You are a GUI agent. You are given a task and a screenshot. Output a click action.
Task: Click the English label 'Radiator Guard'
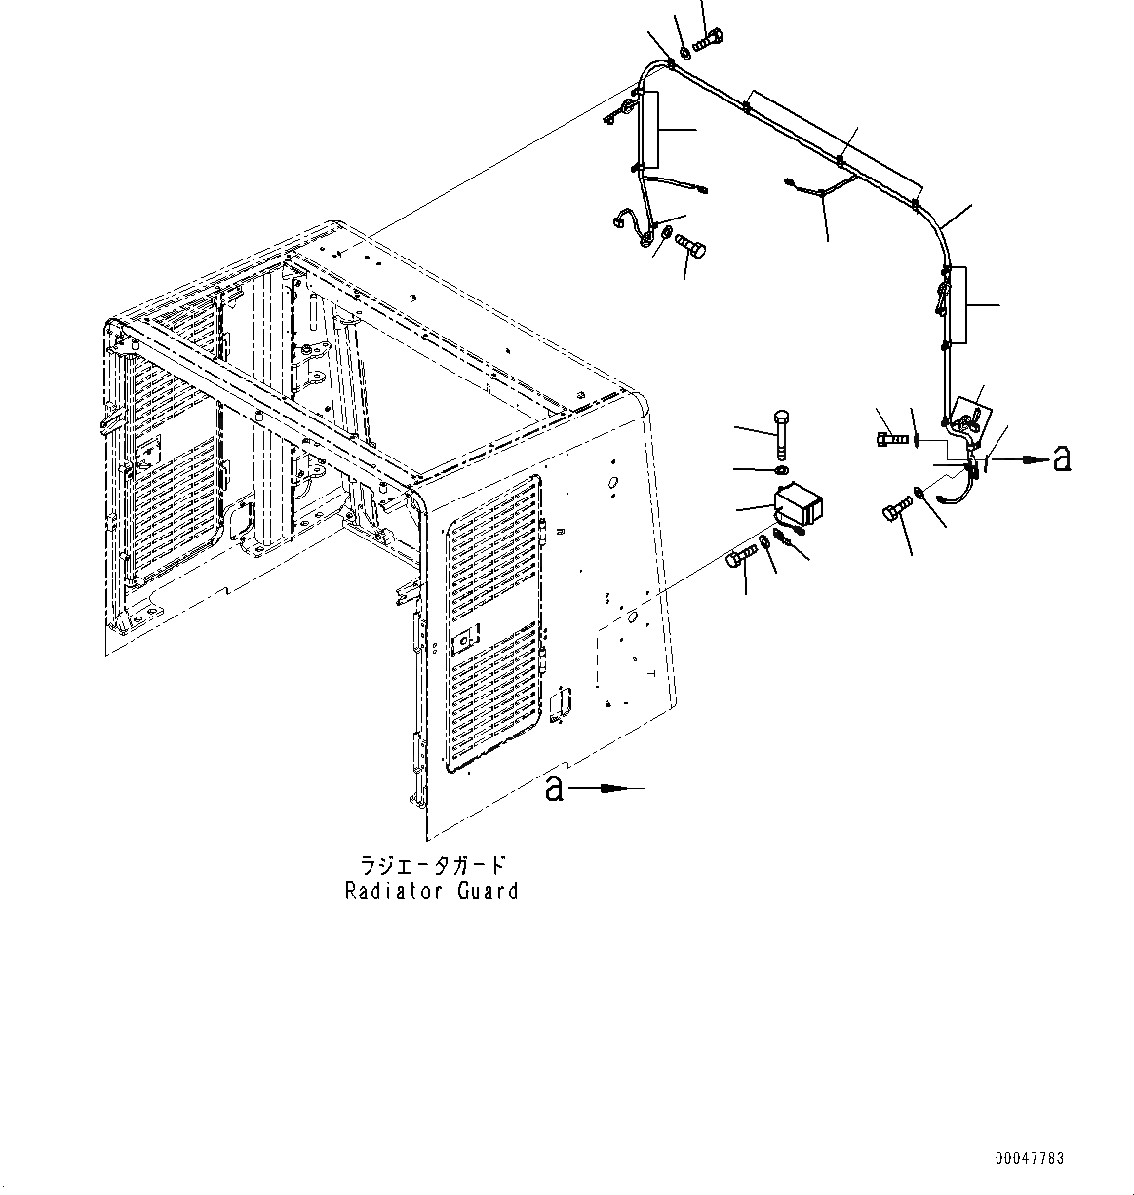(431, 891)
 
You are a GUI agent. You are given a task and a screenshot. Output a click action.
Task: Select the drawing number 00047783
(1030, 1159)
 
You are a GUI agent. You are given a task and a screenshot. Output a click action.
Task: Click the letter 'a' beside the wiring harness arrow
(1061, 458)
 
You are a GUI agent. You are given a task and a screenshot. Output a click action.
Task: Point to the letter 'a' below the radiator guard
(554, 787)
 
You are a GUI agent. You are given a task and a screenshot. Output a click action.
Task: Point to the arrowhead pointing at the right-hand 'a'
(1031, 458)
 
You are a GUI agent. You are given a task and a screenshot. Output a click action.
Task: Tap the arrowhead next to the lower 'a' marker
(612, 786)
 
